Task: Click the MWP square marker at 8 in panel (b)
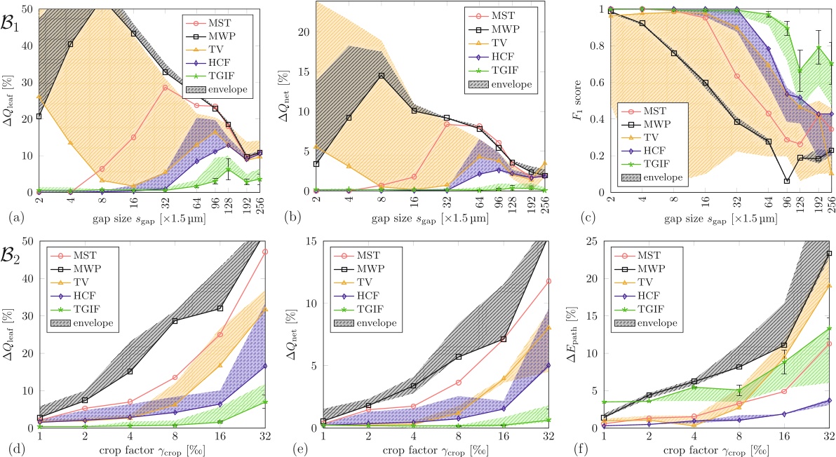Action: [x=381, y=76]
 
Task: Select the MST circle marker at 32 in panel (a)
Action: [x=165, y=88]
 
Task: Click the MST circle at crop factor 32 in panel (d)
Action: [x=264, y=251]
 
